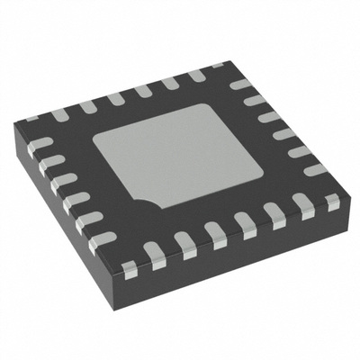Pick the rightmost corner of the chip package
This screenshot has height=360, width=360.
coord(346,193)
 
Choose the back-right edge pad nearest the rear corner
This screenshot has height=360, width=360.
coord(239,84)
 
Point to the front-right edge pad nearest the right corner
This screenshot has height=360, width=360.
coord(332,203)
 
